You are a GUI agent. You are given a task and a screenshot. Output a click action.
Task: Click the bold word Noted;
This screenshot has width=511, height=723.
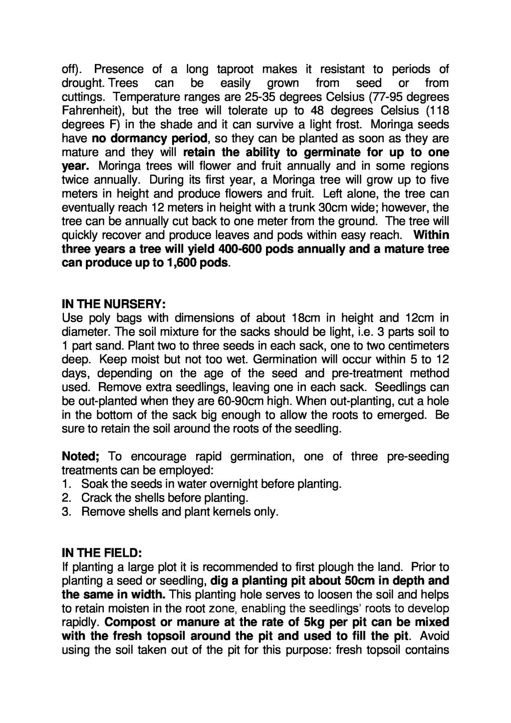[x=81, y=456]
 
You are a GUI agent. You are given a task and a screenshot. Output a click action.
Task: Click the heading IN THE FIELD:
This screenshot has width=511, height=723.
[x=102, y=553]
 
